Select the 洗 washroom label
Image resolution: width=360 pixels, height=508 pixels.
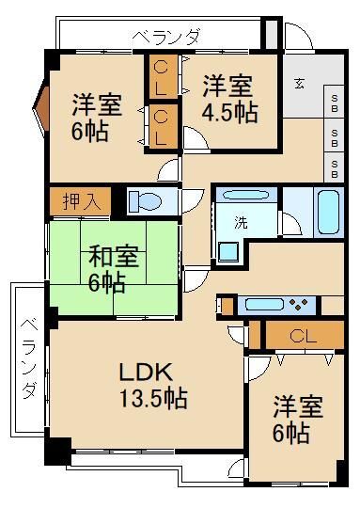[x=241, y=224]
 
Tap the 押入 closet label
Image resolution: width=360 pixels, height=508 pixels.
[x=79, y=199]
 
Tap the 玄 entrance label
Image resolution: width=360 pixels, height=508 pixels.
[x=298, y=83]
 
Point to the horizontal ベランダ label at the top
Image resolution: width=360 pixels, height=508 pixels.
[x=166, y=37]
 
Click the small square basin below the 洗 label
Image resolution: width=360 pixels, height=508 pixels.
[x=228, y=250]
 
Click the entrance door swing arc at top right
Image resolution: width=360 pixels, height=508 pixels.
[x=298, y=40]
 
